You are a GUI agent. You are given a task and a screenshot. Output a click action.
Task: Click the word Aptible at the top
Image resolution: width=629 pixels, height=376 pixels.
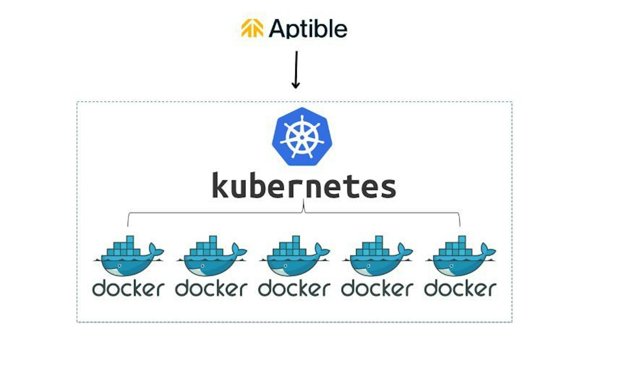pos(308,29)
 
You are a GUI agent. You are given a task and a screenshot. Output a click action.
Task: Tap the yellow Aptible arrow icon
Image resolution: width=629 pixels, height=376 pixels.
pos(252,28)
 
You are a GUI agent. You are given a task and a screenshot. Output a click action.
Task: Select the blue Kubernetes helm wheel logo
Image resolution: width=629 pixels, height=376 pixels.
pos(302,137)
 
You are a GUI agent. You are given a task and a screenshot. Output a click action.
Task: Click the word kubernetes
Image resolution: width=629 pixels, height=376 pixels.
pos(304,186)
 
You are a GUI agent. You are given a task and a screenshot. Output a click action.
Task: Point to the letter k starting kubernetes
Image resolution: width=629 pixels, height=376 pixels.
pos(220,185)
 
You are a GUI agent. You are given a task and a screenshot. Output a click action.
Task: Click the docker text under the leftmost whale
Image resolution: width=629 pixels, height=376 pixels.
pos(128,288)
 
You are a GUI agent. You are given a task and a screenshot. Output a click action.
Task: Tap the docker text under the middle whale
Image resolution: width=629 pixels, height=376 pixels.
pos(294,288)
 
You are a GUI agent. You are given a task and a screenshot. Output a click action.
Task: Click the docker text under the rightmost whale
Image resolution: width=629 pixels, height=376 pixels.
pos(460,288)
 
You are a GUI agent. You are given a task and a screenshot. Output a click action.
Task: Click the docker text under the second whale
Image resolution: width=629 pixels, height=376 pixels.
pos(211,288)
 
